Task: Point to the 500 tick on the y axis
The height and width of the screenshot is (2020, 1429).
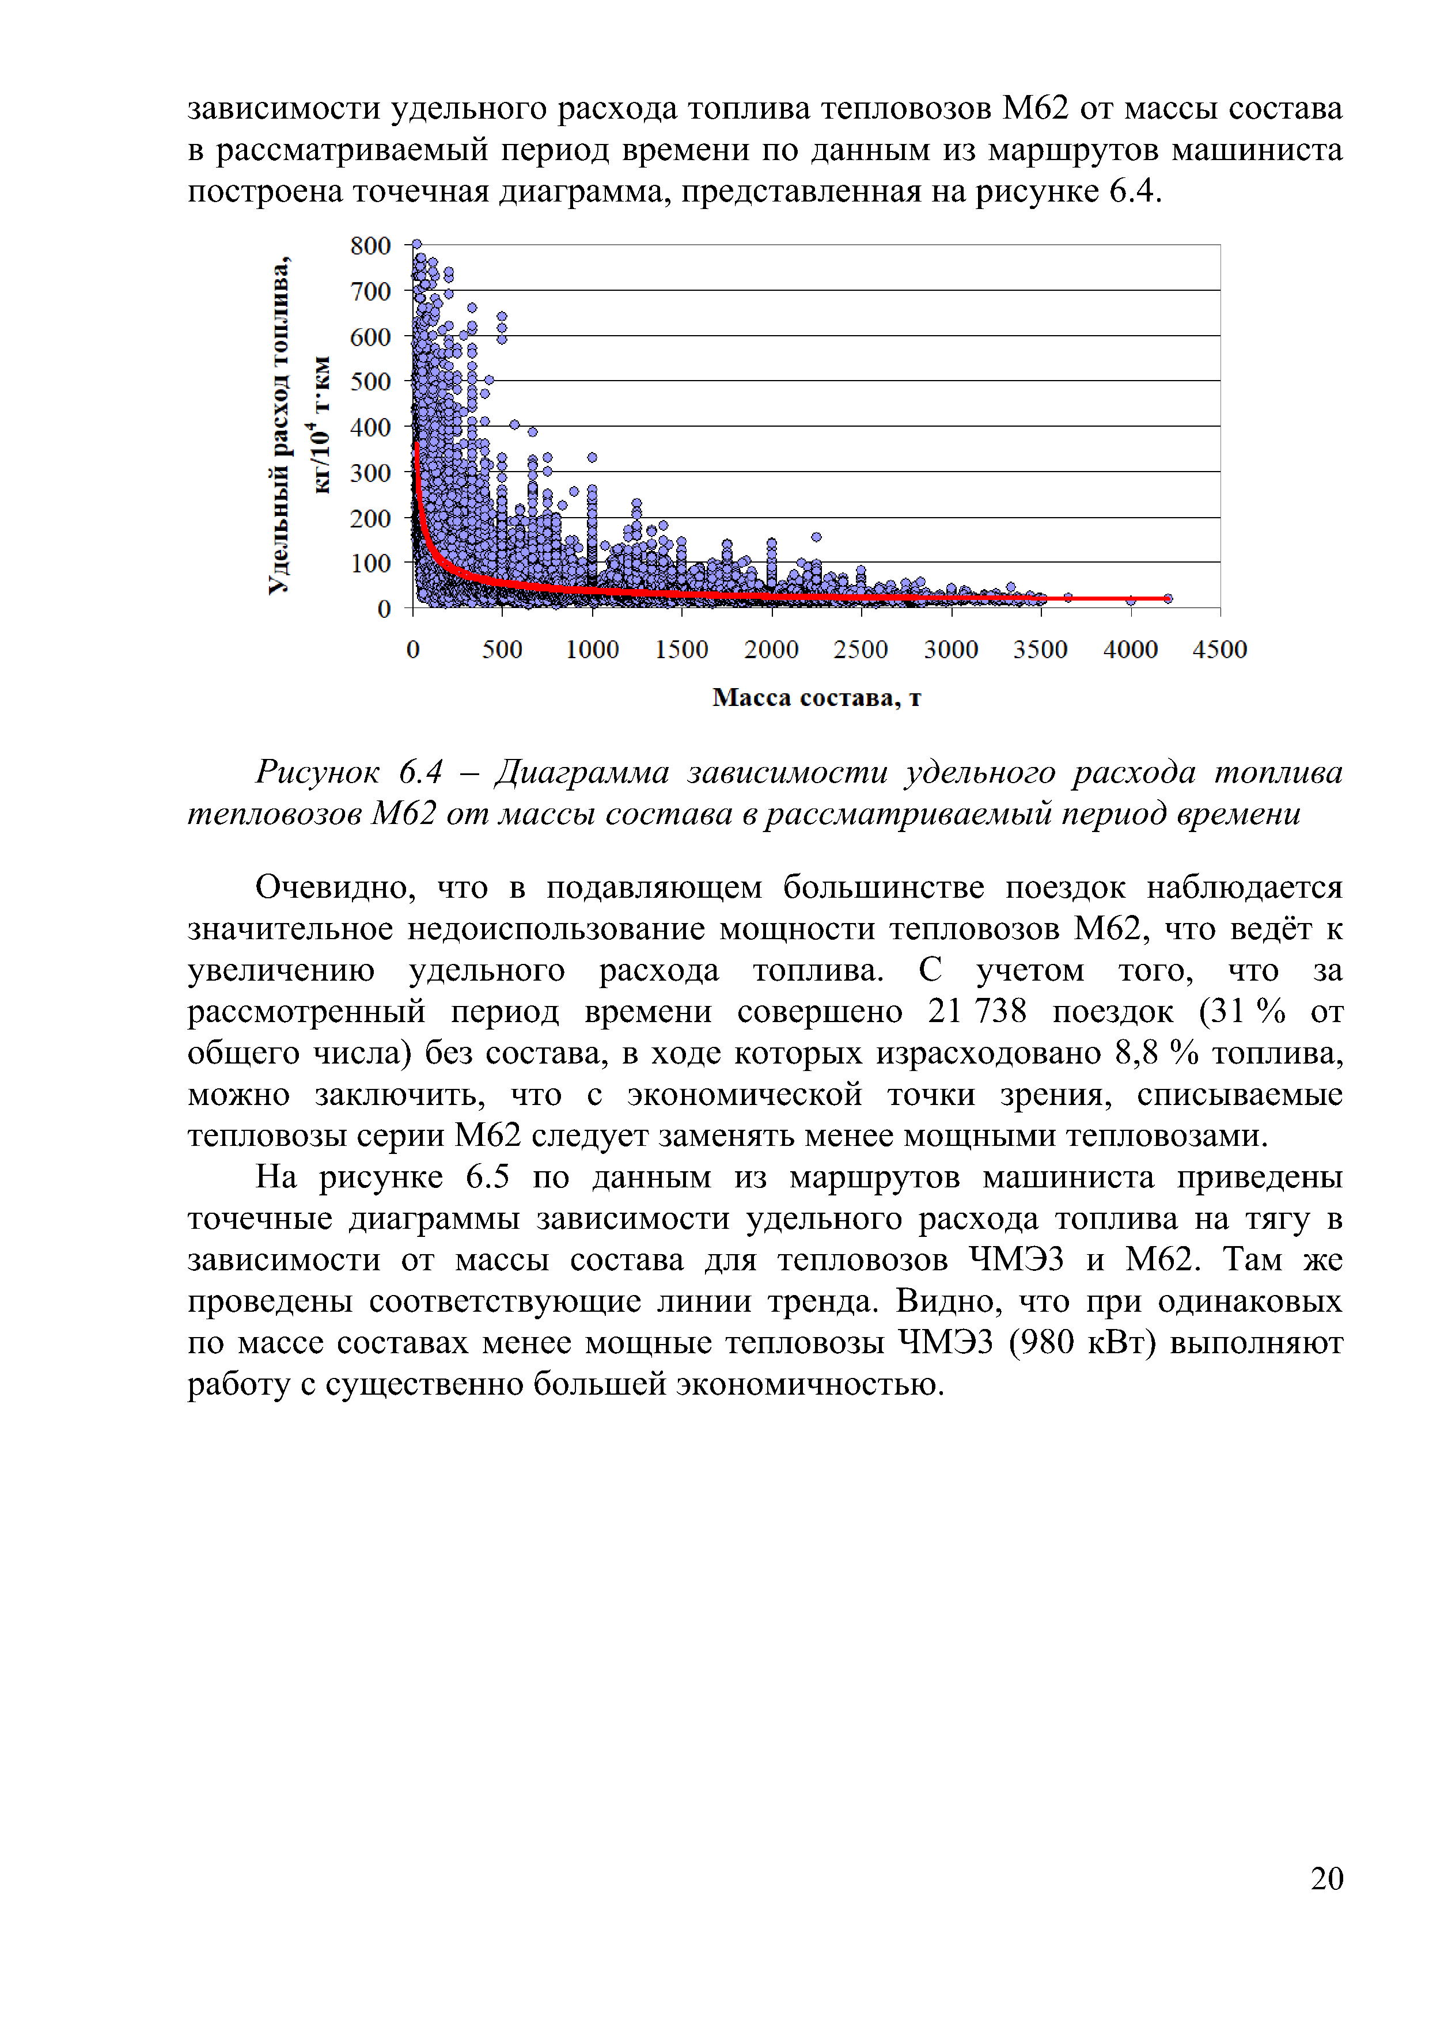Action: [370, 381]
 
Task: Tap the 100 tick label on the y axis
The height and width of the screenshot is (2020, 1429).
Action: [370, 563]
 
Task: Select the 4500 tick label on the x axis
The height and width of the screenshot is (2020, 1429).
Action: [1219, 650]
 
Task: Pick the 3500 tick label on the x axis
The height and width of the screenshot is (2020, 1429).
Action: [1040, 650]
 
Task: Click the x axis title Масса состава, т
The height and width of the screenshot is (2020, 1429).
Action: [816, 698]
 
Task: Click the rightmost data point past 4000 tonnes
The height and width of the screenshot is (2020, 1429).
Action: [1168, 598]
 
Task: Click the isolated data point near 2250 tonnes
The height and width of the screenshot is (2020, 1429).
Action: [817, 537]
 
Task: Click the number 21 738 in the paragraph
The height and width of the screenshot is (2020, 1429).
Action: [977, 1011]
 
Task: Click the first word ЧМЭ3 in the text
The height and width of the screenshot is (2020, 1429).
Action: [1017, 1260]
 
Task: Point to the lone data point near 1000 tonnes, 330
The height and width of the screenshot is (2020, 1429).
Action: [592, 457]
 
